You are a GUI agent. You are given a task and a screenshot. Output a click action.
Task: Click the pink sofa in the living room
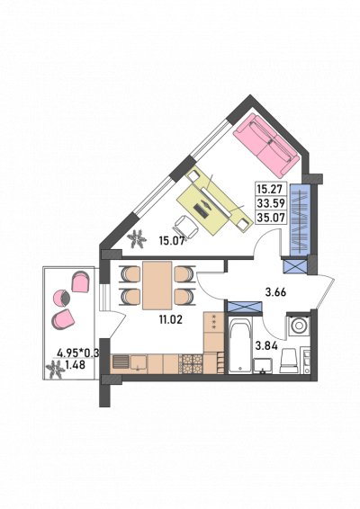pos(266,143)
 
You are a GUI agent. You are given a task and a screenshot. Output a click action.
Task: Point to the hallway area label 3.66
pos(275,292)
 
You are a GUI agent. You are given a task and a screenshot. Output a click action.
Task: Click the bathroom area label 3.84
pos(266,346)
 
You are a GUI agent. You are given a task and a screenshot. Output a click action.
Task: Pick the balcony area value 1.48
pos(75,365)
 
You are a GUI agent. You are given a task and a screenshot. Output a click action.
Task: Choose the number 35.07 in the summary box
pos(271,217)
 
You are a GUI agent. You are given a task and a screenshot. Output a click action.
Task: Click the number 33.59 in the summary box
pos(271,203)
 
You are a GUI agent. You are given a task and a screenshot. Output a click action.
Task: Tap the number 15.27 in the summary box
pos(271,189)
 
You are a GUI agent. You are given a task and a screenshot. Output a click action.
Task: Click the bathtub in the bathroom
pos(240,345)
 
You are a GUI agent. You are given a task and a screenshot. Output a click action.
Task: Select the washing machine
pos(298,326)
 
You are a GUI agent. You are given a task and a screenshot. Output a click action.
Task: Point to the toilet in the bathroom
pos(289,361)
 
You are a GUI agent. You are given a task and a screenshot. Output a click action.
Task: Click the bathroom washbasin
pos(263,365)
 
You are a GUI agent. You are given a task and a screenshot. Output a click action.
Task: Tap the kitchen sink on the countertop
pos(139,363)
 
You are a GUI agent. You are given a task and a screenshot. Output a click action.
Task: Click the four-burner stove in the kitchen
pos(193,364)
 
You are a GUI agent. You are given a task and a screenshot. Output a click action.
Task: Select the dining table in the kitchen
pos(157,285)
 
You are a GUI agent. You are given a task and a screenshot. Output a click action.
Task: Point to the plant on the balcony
pos(54,369)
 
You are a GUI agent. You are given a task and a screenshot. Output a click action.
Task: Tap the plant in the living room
pos(136,239)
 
